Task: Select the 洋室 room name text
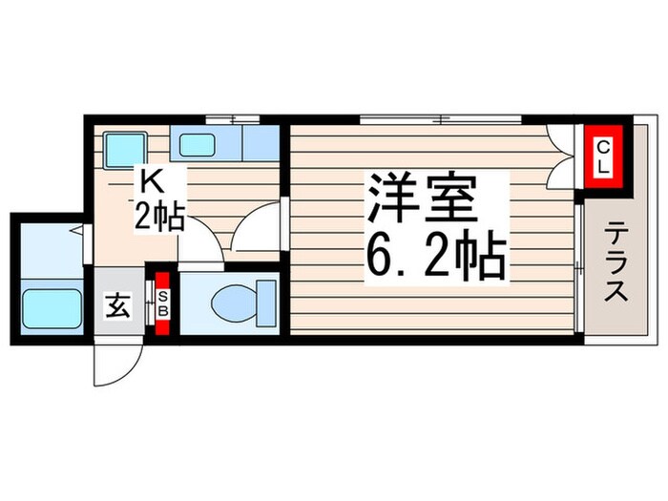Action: click(416, 201)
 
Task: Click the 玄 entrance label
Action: click(116, 306)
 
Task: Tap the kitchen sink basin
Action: click(198, 145)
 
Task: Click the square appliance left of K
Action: click(122, 147)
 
